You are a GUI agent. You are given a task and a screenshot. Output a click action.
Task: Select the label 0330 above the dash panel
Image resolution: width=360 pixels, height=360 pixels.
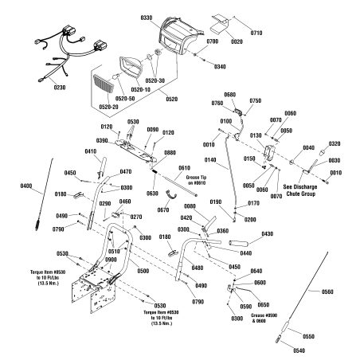pyautogui.click(x=147, y=16)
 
